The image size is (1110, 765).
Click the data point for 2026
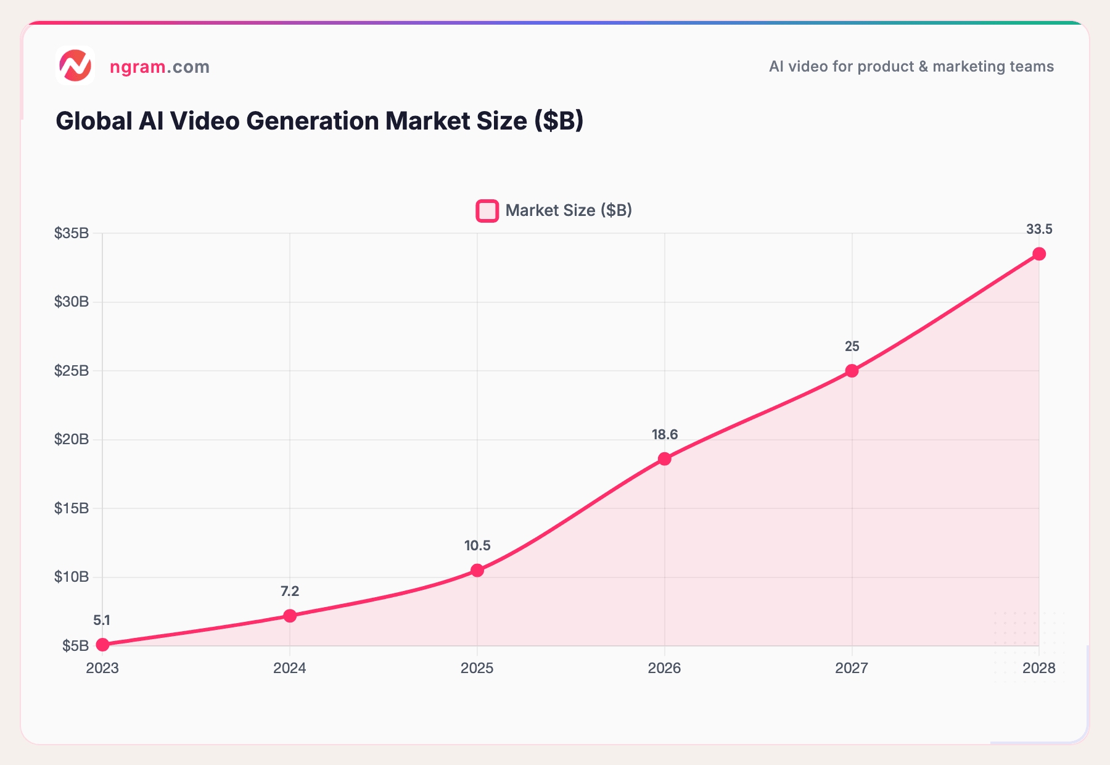pos(664,459)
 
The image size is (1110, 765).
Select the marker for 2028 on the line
pos(1039,254)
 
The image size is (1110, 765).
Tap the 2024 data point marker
pos(290,616)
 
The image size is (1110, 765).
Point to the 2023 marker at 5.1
pos(103,645)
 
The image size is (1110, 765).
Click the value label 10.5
pos(477,546)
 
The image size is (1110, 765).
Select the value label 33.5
pos(1039,229)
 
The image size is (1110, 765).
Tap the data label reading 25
pos(852,347)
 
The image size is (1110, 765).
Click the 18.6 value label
pos(664,435)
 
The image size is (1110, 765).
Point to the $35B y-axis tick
pos(72,233)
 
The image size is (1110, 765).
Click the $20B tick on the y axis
pos(72,439)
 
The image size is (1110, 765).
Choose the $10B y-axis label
pos(72,577)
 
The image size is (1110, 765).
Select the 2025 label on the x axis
pos(477,668)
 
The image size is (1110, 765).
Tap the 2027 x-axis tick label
pos(852,668)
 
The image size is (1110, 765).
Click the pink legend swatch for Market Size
pos(487,211)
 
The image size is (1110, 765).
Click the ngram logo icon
pos(75,65)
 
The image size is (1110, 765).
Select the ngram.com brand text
pos(160,67)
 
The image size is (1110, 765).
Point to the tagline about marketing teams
pos(911,67)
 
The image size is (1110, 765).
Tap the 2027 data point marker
pos(852,371)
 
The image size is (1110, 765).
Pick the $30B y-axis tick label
pos(72,302)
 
